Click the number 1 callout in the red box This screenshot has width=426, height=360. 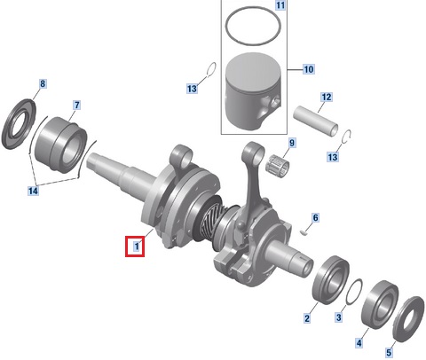[x=137, y=247]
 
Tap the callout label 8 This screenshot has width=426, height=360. [x=43, y=83]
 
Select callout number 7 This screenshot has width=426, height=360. [x=76, y=106]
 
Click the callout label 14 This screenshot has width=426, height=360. [x=33, y=191]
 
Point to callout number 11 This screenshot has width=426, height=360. [x=280, y=5]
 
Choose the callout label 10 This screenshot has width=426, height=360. [x=309, y=69]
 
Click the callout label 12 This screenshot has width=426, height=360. [x=327, y=98]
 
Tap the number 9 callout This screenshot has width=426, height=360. [x=292, y=143]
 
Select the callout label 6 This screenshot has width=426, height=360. [x=316, y=218]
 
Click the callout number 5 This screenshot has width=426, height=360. [x=389, y=352]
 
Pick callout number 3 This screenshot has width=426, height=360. [x=339, y=317]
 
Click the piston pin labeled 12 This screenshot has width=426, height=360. [x=316, y=121]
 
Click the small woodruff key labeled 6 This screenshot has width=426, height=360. [x=303, y=232]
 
